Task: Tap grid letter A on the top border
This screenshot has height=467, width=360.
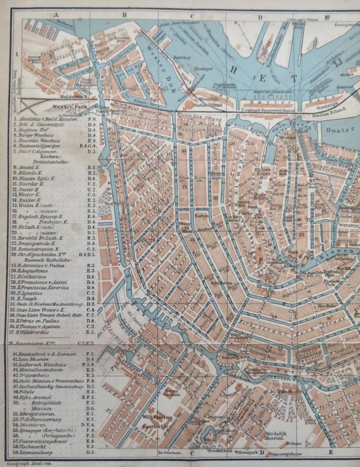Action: click(55, 15)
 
